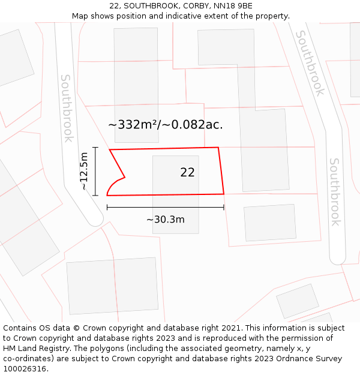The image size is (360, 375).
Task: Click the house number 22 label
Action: click(x=187, y=173)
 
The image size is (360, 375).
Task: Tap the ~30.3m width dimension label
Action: click(x=166, y=220)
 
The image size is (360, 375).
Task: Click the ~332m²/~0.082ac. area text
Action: click(x=166, y=125)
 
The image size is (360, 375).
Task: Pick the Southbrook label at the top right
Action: click(x=310, y=64)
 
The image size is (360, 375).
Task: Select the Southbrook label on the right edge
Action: click(x=335, y=192)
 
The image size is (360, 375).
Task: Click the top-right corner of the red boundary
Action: click(x=218, y=148)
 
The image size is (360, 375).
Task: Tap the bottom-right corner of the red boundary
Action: click(x=224, y=194)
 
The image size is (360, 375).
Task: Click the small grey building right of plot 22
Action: click(x=270, y=223)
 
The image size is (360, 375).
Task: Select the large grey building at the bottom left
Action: click(x=112, y=286)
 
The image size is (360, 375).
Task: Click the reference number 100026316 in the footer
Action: click(x=25, y=369)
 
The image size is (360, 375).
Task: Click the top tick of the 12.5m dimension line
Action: click(x=95, y=147)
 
